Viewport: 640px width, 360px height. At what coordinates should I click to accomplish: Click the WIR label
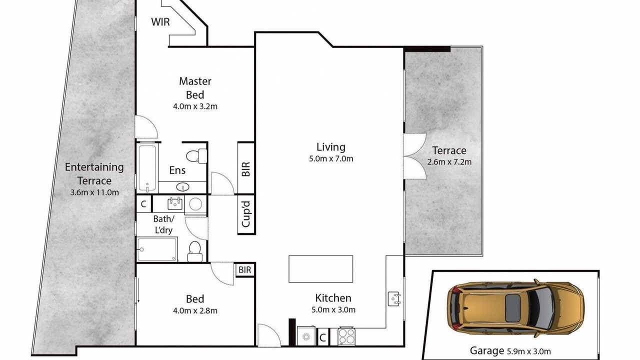coord(160,22)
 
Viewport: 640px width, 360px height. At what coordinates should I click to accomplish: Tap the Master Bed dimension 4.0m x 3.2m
coord(195,106)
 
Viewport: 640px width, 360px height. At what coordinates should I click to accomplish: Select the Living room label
coord(331,147)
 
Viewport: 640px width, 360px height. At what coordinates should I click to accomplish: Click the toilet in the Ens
coord(196,156)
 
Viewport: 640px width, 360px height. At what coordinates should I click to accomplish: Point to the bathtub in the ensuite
coord(147,168)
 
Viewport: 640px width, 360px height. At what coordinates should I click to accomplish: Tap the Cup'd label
coord(246,214)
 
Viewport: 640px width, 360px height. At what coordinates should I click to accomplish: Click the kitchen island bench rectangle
coord(320,269)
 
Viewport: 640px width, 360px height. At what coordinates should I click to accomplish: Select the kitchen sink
coord(394,299)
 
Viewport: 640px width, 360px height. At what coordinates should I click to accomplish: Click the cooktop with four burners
coord(346,336)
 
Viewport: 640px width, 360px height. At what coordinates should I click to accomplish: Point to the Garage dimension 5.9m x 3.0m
coord(529,351)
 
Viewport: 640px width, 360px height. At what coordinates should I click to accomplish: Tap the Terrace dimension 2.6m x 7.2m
coord(449,162)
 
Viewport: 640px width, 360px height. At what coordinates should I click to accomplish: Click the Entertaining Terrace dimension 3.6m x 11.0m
coord(94,192)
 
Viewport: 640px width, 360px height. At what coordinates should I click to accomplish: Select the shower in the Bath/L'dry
coord(157,249)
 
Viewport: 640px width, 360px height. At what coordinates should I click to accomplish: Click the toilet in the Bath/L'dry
coord(195,251)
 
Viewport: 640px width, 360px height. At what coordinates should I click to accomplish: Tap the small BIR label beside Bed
coord(244,269)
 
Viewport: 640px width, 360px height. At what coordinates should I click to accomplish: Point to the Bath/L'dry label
coord(163,224)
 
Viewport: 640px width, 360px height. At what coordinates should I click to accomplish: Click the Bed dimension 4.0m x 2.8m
coord(195,310)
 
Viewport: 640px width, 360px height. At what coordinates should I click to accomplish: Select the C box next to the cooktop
coord(322,337)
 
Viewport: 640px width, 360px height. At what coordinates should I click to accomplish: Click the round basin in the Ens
coord(183,187)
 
